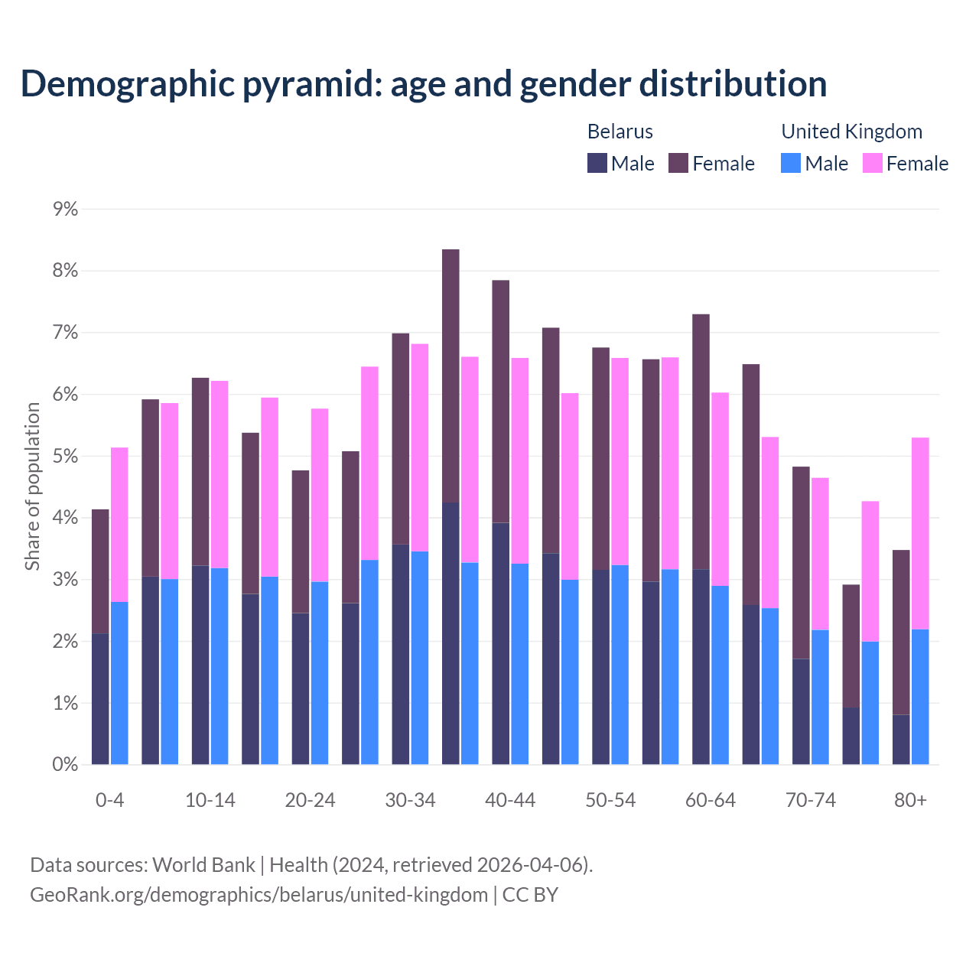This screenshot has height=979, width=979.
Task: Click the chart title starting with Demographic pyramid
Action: point(423,83)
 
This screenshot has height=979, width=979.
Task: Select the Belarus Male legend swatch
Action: point(597,163)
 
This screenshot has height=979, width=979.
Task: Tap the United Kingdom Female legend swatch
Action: point(872,163)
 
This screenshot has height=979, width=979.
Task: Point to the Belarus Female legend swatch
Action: point(678,163)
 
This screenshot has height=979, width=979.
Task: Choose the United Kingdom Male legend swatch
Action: point(791,163)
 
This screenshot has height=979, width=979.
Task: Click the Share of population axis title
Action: point(32,486)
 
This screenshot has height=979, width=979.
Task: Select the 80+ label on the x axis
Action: point(910,800)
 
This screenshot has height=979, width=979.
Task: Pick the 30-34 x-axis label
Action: point(410,800)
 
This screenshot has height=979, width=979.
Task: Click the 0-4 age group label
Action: point(109,800)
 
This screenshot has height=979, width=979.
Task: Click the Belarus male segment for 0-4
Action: point(100,698)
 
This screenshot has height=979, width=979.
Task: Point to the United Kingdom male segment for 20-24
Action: point(320,673)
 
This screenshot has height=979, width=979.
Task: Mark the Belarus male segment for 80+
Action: point(901,740)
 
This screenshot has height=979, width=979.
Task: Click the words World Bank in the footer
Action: point(203,865)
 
